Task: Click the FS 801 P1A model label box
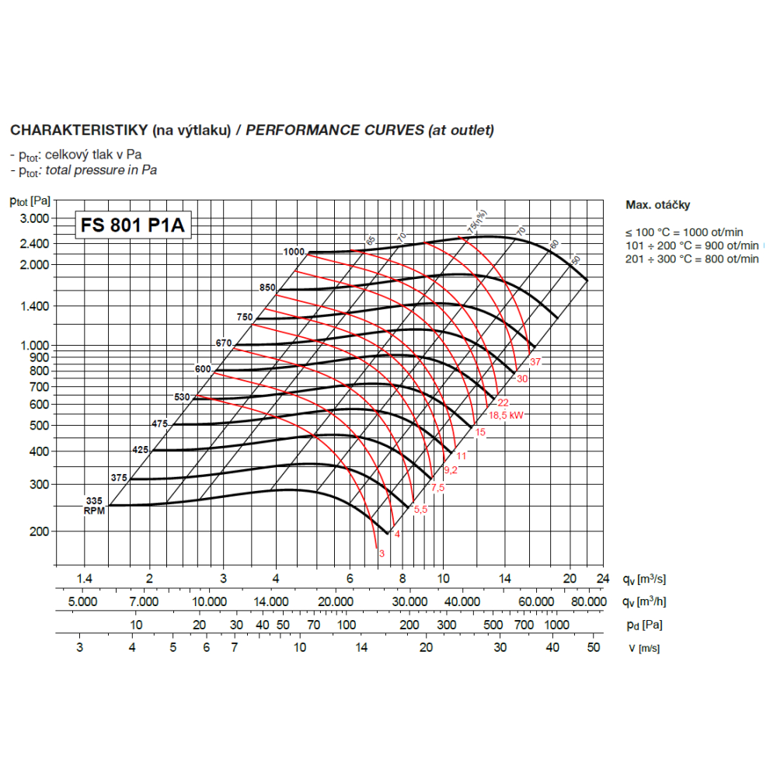coord(132,225)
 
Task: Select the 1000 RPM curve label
coord(294,252)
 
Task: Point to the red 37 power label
coord(535,362)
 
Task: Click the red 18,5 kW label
coord(506,415)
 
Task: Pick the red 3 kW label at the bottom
coord(382,553)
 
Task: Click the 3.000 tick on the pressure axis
coord(34,218)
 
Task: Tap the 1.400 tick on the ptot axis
coord(34,306)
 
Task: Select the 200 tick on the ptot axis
coord(40,531)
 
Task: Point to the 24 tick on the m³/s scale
coord(601,578)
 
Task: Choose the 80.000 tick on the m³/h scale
coord(588,601)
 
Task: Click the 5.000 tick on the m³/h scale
coord(83,601)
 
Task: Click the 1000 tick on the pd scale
coord(556,625)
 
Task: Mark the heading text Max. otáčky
coord(657,205)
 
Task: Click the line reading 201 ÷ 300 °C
coord(692,259)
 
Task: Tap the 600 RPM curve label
coord(204,368)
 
